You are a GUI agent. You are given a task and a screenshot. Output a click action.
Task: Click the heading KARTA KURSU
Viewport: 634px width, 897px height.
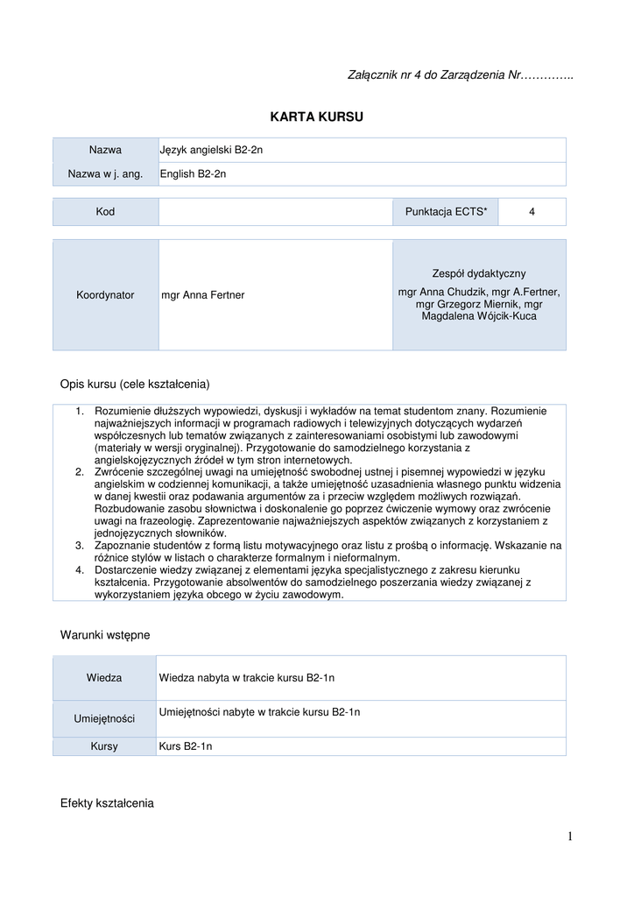[x=316, y=117]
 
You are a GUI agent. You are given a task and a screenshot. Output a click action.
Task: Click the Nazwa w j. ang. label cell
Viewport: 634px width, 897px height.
[x=105, y=174]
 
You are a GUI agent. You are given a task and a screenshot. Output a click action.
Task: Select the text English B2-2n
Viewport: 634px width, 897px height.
[x=194, y=174]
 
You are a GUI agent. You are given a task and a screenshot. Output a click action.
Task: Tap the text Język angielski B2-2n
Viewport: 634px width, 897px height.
[x=211, y=150]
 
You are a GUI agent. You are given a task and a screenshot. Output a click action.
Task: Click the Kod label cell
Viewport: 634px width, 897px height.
[x=105, y=212]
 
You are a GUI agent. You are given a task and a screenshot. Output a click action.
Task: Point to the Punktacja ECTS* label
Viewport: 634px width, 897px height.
[x=446, y=212]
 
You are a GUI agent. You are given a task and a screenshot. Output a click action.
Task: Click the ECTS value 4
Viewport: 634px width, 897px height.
[x=532, y=212]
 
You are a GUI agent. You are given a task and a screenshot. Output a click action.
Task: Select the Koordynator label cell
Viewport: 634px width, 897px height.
[x=105, y=295]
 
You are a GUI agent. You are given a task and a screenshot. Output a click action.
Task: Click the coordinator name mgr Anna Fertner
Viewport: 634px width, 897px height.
[x=203, y=295]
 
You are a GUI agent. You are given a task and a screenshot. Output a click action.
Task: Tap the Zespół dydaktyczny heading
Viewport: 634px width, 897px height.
[x=479, y=274]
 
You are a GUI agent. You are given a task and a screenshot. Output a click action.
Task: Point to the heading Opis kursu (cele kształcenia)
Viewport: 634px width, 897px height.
[x=135, y=384]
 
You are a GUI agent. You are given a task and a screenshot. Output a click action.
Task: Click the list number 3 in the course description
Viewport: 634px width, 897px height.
[x=80, y=546]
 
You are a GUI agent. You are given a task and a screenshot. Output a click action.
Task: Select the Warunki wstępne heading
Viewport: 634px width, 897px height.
[x=105, y=635]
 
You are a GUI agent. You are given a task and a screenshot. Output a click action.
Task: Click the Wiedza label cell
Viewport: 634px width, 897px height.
[x=105, y=678]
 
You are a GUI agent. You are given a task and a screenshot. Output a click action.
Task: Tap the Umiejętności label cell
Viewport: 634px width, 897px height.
[x=105, y=719]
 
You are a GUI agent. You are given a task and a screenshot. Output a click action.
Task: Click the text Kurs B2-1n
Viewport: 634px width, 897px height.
[x=186, y=747]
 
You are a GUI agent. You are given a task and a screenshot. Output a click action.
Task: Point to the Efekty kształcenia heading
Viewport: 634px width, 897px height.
[x=107, y=803]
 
